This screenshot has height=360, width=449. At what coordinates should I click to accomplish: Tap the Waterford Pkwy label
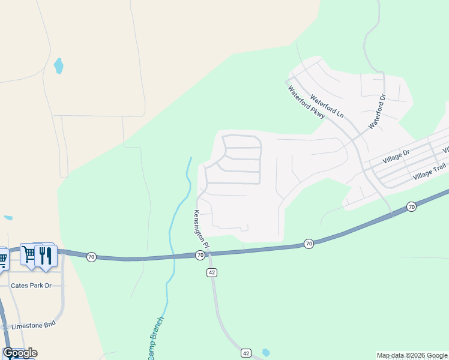(x=306, y=103)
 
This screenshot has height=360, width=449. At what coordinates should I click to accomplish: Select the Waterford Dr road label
(x=376, y=112)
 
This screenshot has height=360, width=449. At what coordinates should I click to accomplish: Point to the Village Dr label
(x=396, y=157)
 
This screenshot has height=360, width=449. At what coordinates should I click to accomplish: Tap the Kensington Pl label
(x=201, y=229)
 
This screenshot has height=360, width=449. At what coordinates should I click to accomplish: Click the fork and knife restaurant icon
(x=46, y=255)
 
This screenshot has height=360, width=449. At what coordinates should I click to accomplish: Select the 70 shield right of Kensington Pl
(x=308, y=243)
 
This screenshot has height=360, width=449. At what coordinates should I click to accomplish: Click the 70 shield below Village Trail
(x=411, y=206)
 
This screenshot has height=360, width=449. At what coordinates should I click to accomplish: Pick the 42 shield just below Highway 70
(x=212, y=272)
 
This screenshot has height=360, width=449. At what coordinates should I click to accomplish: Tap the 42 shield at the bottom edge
(x=246, y=353)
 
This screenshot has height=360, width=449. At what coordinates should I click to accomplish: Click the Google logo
(x=20, y=353)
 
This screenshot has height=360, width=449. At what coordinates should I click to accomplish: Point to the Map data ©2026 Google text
(x=412, y=355)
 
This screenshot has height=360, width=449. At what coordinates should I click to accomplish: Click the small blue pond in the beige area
(x=58, y=65)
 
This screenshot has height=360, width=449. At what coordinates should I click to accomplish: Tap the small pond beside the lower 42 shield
(x=266, y=352)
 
